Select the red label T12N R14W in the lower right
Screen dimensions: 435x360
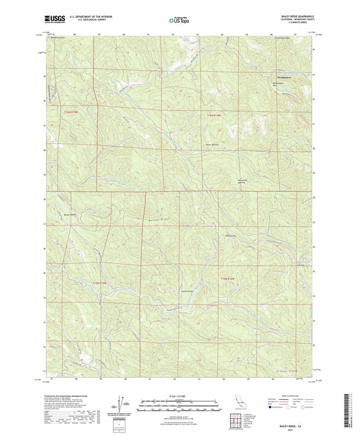tap(230, 279)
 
